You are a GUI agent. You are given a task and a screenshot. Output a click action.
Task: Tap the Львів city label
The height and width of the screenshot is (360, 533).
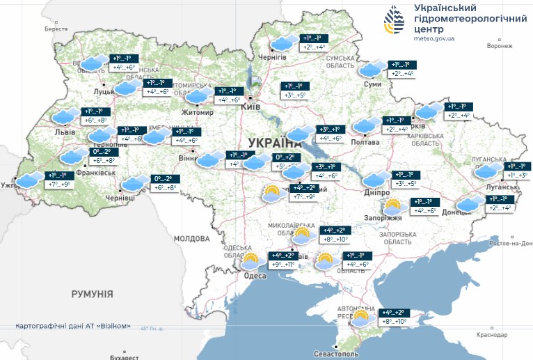click(x=55, y=132)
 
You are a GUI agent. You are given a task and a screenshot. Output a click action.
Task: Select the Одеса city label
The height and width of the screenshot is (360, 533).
click(x=255, y=276)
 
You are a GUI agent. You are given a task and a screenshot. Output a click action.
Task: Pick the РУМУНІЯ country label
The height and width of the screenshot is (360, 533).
click(x=92, y=295)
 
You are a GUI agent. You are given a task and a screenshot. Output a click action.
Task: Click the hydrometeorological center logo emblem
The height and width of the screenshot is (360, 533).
click(x=394, y=22)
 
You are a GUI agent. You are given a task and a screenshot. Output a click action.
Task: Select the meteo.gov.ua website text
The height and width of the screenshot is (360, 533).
click(x=433, y=39)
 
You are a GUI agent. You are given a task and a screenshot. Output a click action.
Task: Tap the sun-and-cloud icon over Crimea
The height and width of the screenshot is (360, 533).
click(x=360, y=319)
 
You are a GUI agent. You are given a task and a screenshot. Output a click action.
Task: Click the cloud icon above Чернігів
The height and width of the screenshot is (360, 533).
click(x=282, y=44)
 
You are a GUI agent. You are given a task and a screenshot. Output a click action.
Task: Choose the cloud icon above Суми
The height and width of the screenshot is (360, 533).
click(x=371, y=69)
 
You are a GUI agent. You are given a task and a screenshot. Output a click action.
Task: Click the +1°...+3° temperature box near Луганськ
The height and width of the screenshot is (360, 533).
click(x=516, y=175)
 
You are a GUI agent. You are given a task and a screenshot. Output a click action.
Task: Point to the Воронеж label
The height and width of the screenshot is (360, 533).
click(x=500, y=46)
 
